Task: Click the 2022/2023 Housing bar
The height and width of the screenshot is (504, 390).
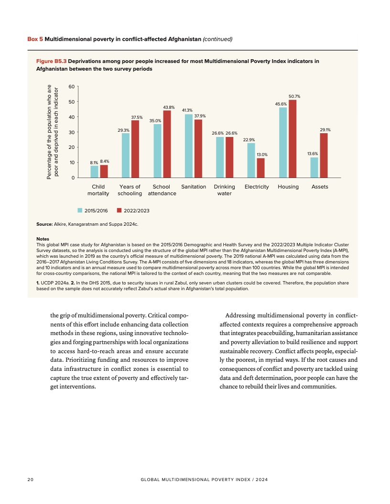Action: click(292, 139)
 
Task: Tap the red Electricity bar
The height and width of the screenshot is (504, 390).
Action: click(260, 168)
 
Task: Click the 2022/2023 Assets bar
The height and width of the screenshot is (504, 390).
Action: click(324, 156)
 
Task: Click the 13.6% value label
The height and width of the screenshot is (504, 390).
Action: click(313, 154)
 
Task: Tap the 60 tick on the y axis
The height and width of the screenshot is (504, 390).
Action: click(72, 86)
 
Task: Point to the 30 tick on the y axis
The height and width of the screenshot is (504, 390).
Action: click(72, 132)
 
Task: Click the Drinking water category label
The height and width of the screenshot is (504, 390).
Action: click(224, 190)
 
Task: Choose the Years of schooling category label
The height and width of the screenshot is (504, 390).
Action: click(130, 190)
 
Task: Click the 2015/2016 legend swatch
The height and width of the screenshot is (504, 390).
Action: click(80, 210)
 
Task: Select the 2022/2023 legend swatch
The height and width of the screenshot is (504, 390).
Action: click(119, 210)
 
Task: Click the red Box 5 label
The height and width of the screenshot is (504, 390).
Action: click(35, 39)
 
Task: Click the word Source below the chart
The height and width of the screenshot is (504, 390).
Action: click(45, 223)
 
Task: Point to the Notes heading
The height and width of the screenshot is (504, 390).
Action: click(43, 239)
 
